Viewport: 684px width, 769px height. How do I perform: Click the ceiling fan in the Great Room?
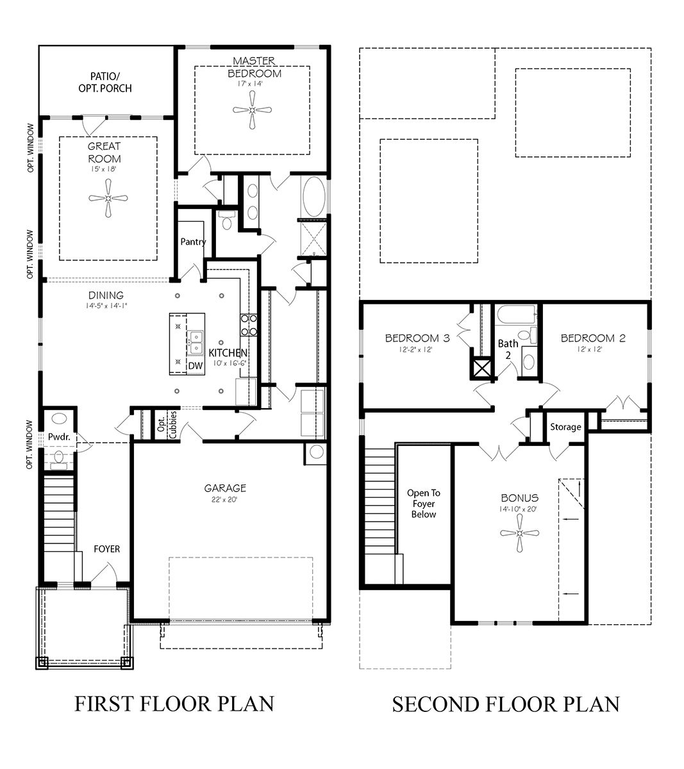click(108, 199)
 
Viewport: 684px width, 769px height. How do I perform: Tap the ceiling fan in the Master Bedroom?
click(253, 110)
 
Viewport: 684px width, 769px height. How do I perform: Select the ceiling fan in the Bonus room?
click(519, 533)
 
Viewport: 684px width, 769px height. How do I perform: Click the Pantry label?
click(193, 242)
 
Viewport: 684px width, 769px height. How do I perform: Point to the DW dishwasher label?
click(196, 366)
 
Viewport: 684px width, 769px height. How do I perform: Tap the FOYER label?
click(106, 549)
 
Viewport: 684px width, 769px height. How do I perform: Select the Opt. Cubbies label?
click(167, 424)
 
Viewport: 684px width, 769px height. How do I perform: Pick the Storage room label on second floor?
click(565, 427)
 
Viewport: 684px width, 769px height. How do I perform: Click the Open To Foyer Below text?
click(424, 504)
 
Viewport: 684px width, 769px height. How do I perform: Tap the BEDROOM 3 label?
click(421, 338)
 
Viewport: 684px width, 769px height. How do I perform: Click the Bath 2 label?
click(508, 349)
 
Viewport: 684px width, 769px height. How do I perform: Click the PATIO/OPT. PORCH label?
click(107, 81)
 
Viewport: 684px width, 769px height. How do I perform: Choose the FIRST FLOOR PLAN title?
click(174, 704)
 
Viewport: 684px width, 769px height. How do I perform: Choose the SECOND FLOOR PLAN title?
click(506, 704)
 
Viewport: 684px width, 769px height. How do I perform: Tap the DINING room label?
click(106, 295)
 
